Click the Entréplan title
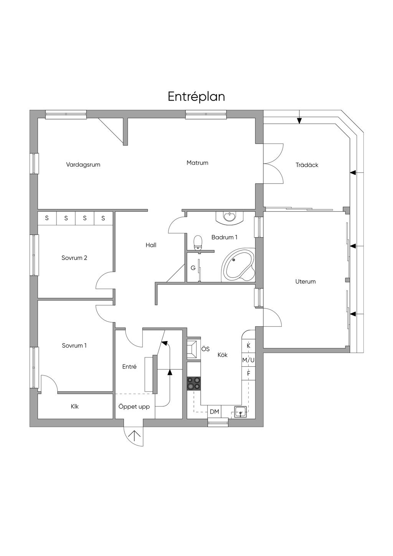196,97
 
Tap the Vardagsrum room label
83,165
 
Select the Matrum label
198,163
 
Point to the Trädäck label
307,165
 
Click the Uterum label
305,281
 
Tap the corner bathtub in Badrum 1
238,264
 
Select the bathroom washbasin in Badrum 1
230,217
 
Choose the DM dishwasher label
215,412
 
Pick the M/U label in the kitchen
248,360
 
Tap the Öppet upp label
134,407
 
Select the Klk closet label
75,407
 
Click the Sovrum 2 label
74,258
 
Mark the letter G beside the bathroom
193,268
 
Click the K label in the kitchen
248,346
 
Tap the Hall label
151,245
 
